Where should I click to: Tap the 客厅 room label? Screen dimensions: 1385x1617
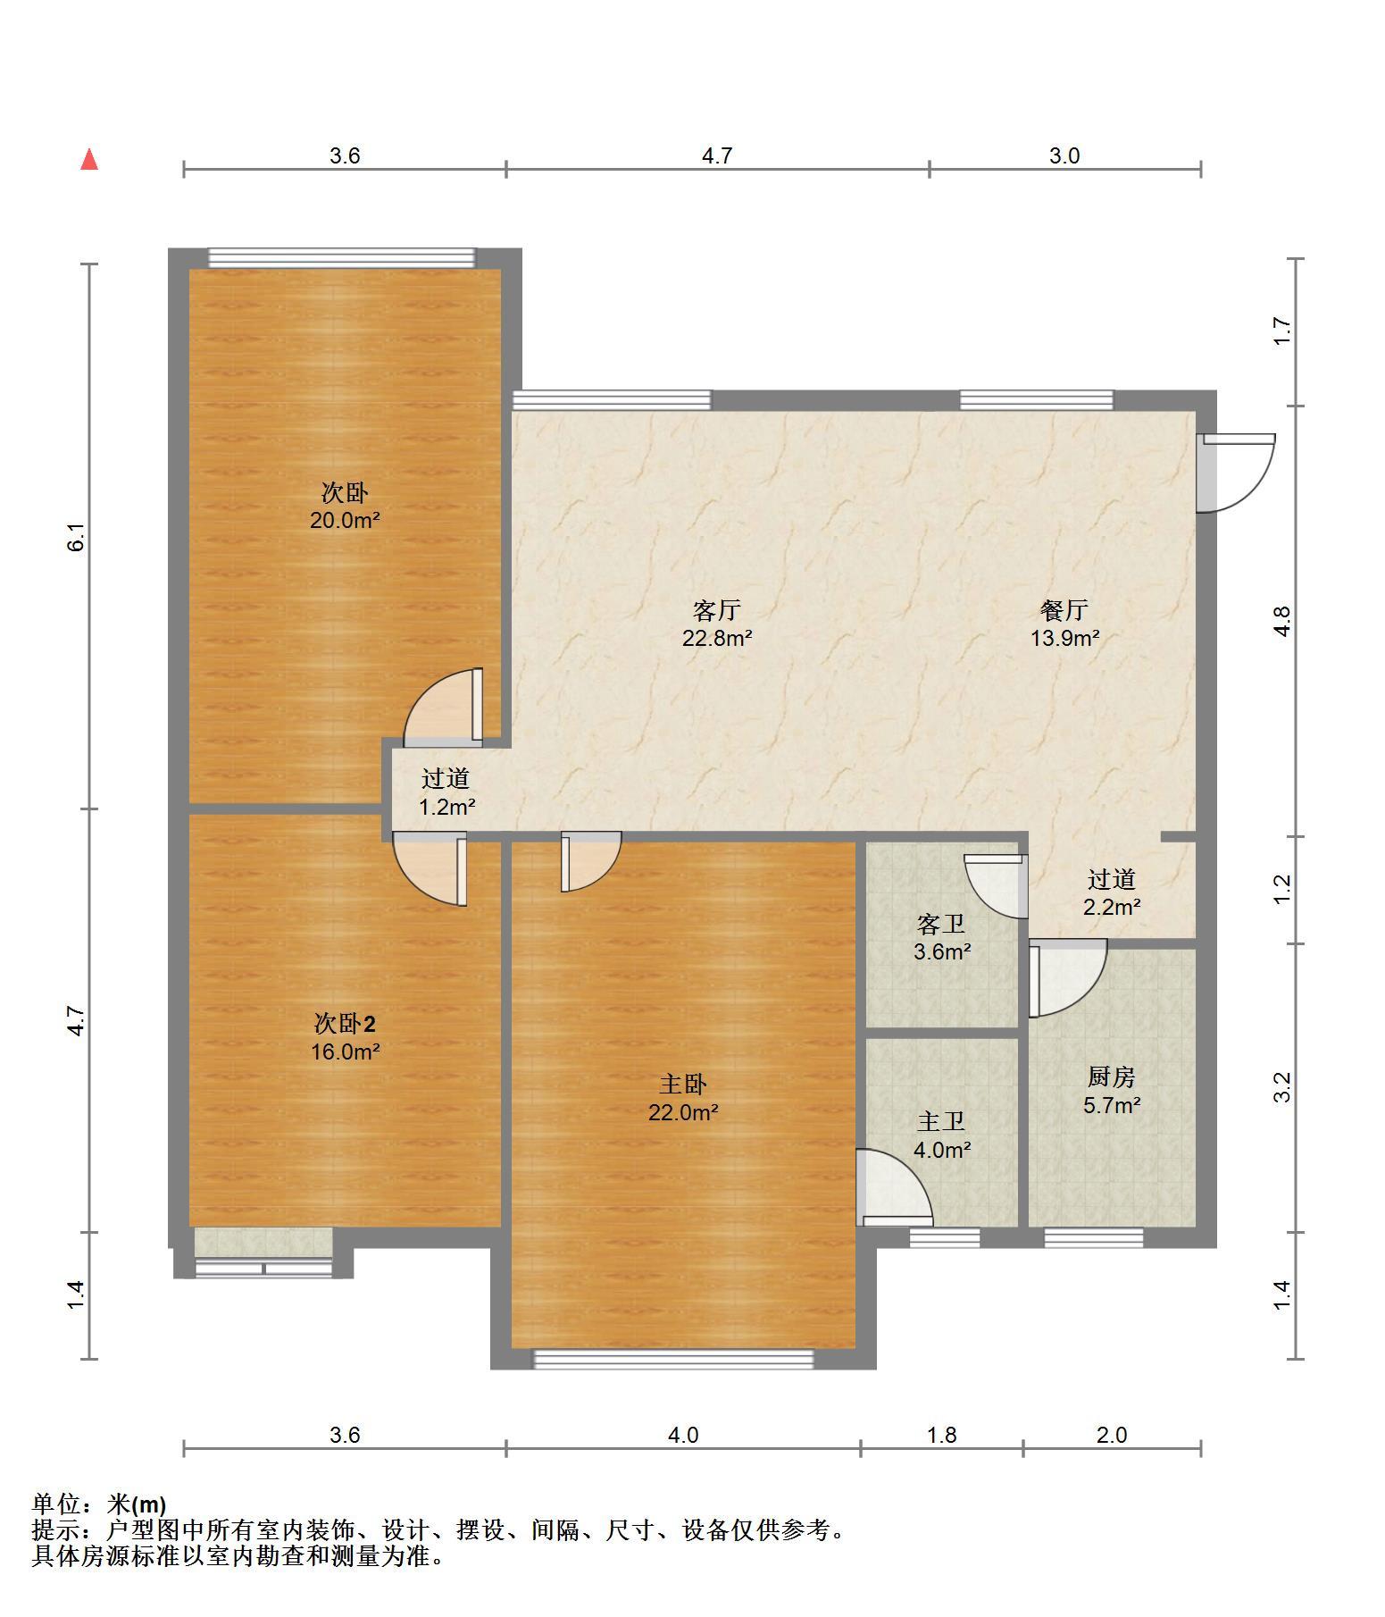716,610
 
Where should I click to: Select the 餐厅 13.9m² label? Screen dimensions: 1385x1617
1064,624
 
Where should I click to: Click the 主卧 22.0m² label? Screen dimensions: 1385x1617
683,1098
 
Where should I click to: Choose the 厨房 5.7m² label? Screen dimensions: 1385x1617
1112,1091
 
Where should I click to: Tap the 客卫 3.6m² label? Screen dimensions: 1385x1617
942,937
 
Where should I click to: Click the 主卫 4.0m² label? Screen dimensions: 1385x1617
942,1135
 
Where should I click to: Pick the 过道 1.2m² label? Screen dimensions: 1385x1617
446,792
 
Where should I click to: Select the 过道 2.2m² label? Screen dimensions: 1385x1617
1112,893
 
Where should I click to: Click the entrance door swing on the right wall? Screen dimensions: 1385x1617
1235,473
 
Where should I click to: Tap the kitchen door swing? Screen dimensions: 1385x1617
1067,978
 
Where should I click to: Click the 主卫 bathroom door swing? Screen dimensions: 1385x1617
895,1187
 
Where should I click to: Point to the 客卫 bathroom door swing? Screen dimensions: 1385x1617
996,886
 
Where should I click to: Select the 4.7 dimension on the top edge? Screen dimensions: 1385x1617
717,156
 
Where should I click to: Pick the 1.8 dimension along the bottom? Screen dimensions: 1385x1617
942,1435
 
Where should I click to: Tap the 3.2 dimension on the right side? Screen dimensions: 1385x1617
1282,1087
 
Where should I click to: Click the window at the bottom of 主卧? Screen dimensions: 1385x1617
674,1359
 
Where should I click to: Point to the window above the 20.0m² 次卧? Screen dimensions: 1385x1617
342,257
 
